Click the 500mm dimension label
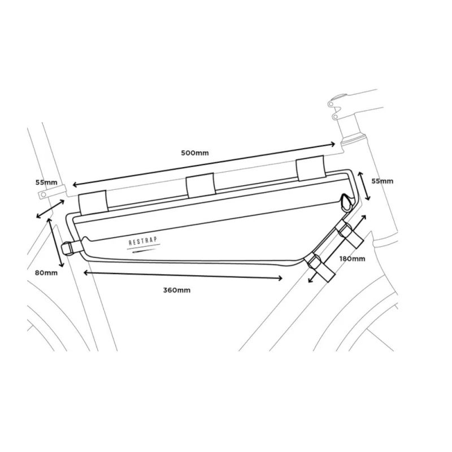click(194, 153)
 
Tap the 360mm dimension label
click(177, 290)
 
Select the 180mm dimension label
click(352, 259)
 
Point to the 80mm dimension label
click(46, 273)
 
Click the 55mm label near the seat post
click(46, 182)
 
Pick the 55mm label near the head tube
click(383, 181)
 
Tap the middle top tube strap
click(201, 185)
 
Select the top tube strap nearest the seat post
click(93, 202)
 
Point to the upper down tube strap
click(349, 233)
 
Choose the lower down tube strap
click(321, 268)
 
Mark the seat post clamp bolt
click(44, 194)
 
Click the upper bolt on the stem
click(331, 104)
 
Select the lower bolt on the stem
click(335, 117)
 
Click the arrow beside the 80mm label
click(55, 243)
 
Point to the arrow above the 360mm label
click(182, 275)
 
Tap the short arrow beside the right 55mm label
click(364, 186)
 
